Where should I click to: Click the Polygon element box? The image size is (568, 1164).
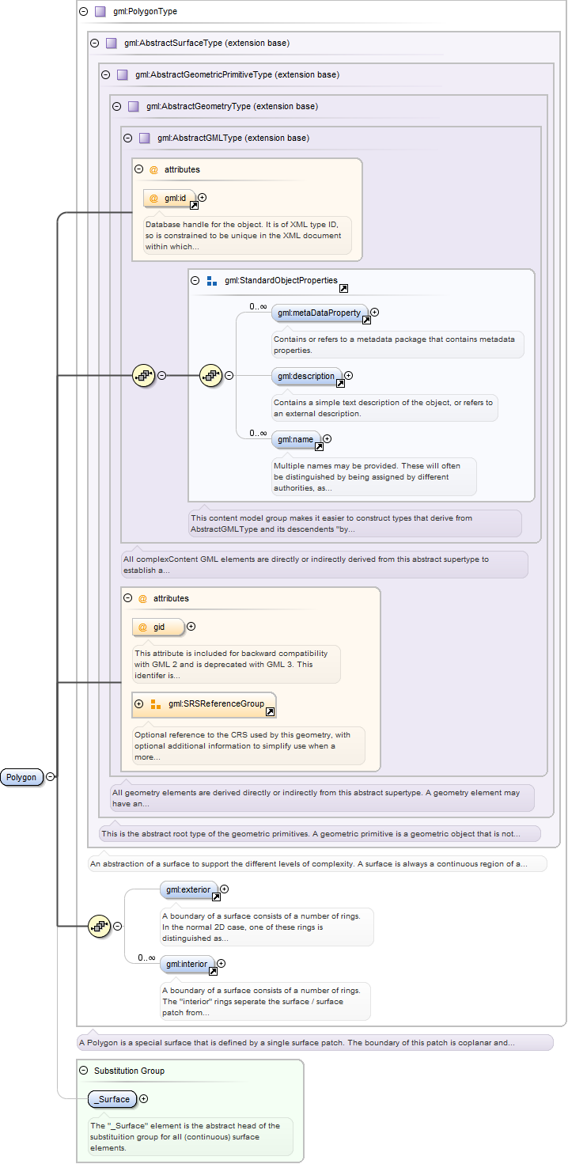point(21,777)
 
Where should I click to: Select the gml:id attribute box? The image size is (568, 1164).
point(169,198)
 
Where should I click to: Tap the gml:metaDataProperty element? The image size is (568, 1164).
point(320,313)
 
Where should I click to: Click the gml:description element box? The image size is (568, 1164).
point(307,376)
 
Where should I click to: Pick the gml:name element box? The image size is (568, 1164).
point(296,440)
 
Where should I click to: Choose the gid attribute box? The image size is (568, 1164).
point(158,627)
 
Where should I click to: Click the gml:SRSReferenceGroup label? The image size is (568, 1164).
point(216,703)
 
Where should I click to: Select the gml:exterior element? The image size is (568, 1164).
point(189,889)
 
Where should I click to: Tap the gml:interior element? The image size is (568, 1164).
point(187,964)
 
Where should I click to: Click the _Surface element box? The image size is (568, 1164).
point(112,1099)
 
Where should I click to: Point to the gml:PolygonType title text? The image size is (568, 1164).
point(145,11)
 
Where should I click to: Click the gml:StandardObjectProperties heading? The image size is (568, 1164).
point(281,281)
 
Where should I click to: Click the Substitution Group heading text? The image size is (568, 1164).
point(130,1071)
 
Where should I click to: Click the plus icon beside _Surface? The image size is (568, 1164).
point(144,1098)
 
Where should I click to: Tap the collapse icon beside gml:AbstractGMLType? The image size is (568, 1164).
point(128,138)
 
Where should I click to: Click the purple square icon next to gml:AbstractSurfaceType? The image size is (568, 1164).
point(112,44)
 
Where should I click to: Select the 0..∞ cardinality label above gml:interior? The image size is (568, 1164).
point(146,957)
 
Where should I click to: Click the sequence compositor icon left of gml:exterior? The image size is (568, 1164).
point(99,926)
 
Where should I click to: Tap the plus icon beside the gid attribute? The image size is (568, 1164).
point(191,626)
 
